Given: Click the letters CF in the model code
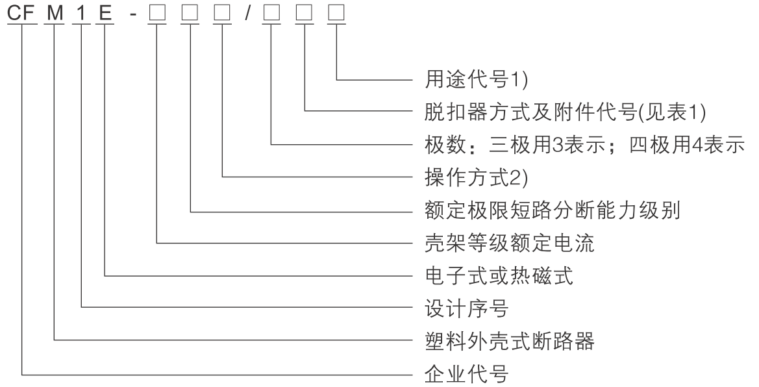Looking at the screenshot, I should click(23, 13).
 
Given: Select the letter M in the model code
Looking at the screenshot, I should click(55, 13).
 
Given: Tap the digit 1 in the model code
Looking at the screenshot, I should click(81, 13).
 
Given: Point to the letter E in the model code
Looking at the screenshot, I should click(105, 13).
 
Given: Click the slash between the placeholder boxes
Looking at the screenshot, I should click(247, 13).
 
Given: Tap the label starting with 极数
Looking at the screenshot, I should click(582, 145).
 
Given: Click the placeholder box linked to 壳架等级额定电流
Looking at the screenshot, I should click(158, 13).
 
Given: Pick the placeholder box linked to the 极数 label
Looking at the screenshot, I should click(271, 13).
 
